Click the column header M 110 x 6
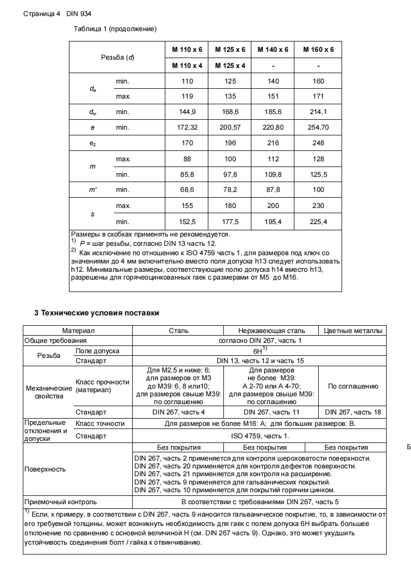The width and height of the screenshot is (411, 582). point(187,50)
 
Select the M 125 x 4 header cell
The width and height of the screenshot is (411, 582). point(230,66)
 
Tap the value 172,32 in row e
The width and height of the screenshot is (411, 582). point(187,127)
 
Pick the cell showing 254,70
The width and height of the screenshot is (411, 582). point(318,127)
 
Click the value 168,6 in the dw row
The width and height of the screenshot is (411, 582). point(230,112)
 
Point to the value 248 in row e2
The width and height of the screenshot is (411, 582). point(318,143)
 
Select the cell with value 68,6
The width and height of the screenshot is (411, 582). point(187,190)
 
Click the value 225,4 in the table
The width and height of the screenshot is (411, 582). point(318,221)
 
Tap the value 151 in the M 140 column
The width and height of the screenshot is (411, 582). point(273,96)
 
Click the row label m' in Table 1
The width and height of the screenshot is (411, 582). point(92,190)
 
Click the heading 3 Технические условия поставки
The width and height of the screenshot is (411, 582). point(96,313)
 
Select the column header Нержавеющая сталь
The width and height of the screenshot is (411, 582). point(272,330)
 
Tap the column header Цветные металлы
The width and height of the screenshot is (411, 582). point(353,330)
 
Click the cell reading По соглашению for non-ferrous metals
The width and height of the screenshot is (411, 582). point(353,386)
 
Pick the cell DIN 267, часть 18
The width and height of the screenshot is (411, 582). point(353,412)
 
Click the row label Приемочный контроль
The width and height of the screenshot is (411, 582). point(61,502)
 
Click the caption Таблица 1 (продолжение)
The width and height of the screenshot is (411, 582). point(115,29)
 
